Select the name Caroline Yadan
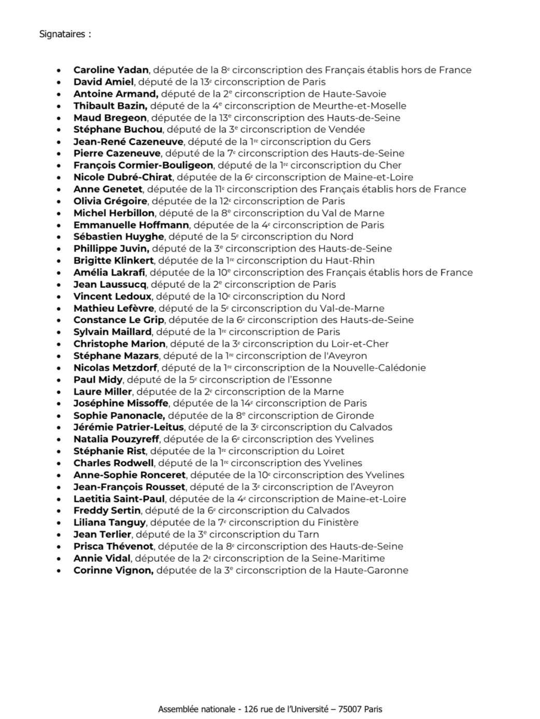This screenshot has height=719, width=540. pos(111,70)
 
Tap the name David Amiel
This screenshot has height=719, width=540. pos(104,82)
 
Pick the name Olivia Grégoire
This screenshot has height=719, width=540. pos(110,201)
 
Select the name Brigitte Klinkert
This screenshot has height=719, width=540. pos(113,260)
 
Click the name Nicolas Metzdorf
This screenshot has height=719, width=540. pos(115,368)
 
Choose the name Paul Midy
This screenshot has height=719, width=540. pos(98,380)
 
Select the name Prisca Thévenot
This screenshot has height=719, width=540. pos(113,546)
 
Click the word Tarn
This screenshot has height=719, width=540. pos(309,534)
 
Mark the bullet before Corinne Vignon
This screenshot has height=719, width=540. pos(61,571)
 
